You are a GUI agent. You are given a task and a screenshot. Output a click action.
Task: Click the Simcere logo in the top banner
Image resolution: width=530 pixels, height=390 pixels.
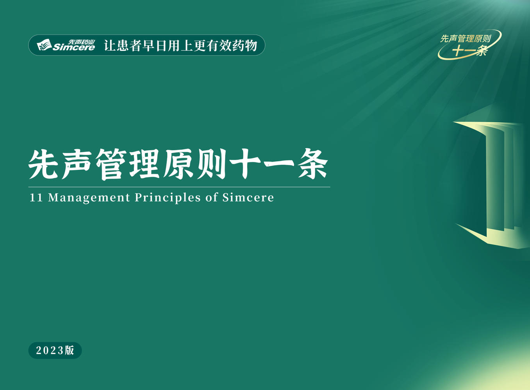[x=66, y=45]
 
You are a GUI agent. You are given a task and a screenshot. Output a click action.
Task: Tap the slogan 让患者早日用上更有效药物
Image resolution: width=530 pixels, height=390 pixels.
[x=180, y=45]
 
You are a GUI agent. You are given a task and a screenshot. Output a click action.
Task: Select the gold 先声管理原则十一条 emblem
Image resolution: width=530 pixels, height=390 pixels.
[x=469, y=45]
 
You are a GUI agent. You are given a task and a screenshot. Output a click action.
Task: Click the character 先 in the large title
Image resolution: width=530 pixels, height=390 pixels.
[x=43, y=164]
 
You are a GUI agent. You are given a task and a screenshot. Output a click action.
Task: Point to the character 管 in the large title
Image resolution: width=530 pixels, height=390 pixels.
[x=111, y=164]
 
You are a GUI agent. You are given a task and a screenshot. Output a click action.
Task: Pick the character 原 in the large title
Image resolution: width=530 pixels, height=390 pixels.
[x=178, y=164]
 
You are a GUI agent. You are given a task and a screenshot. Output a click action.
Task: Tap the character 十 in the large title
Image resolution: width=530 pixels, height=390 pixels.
[x=245, y=164]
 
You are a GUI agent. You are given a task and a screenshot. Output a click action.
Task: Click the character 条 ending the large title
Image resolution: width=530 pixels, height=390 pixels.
[x=313, y=164]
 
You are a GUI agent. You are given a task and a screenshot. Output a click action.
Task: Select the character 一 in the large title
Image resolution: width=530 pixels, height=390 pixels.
[x=279, y=164]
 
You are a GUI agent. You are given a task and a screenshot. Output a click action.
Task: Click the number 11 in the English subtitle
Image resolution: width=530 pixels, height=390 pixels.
[x=36, y=198]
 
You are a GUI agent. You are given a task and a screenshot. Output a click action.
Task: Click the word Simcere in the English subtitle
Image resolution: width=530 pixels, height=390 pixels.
[x=248, y=198]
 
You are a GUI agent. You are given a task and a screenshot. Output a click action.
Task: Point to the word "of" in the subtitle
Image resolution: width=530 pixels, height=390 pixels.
[x=212, y=197]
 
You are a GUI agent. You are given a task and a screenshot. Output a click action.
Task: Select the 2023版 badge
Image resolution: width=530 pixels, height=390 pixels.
[x=55, y=350]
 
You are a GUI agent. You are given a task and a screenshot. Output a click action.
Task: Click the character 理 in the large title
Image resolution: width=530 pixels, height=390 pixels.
[x=145, y=164]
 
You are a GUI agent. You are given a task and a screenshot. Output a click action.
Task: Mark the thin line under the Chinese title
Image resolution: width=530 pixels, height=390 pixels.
[x=179, y=187]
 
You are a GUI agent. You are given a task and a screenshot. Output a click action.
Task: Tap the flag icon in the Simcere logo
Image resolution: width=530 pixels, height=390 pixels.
[x=44, y=45]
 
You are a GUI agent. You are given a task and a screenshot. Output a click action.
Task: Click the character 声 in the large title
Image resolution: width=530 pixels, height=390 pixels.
[x=77, y=164]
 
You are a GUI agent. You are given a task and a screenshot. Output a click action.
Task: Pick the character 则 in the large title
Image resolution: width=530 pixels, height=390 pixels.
[x=212, y=164]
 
